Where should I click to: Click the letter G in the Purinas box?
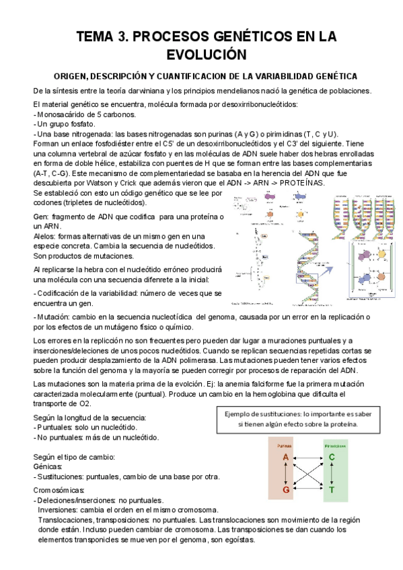pyautogui.click(x=286, y=489)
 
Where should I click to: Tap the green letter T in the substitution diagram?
pyautogui.click(x=332, y=489)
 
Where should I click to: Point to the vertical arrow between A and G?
pyautogui.click(x=286, y=474)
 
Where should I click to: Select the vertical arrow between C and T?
pyautogui.click(x=332, y=474)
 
